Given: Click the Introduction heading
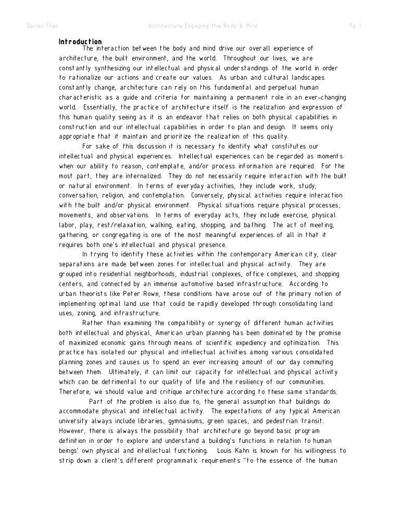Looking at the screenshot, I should [80, 42].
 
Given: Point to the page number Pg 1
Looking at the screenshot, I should [355, 26].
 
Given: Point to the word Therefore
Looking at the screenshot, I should [76, 392].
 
